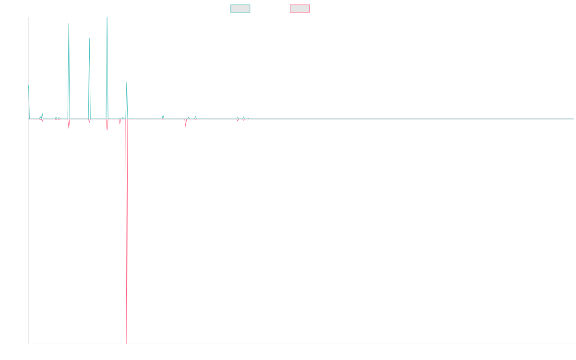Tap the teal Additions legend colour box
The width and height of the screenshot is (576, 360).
point(240,9)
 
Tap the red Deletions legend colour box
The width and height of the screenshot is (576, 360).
point(300,9)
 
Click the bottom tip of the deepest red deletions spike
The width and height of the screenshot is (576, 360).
point(127,343)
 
